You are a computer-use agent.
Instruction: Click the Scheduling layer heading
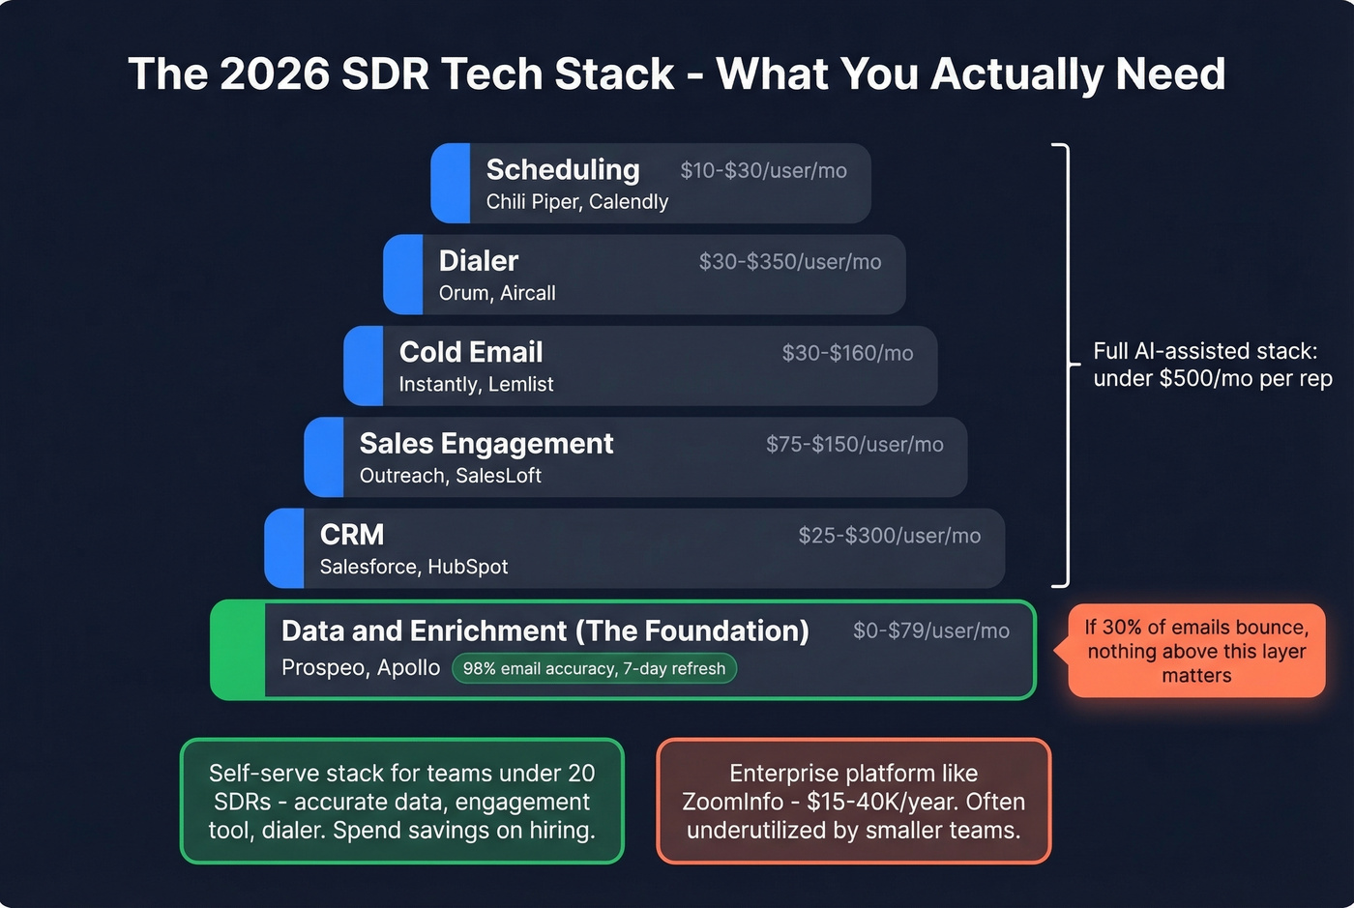(x=562, y=169)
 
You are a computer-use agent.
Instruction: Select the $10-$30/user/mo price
(x=763, y=171)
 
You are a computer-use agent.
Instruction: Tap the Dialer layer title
(x=478, y=261)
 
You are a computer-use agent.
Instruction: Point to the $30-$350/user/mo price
(x=789, y=262)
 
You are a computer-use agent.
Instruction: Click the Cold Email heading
(x=470, y=352)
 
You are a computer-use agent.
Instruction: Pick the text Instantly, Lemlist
(x=476, y=385)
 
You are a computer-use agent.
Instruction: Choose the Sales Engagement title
(x=486, y=444)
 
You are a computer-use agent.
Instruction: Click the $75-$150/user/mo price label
(x=854, y=445)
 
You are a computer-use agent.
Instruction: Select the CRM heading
(x=352, y=535)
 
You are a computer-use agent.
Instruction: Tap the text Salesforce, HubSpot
(x=413, y=568)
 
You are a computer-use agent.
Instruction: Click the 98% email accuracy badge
(x=594, y=669)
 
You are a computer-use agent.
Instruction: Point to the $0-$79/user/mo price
(x=930, y=631)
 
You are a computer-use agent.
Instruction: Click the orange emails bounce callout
(x=1196, y=651)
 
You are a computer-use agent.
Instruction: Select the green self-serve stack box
(x=401, y=802)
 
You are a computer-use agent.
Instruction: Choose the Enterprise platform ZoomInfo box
(x=853, y=802)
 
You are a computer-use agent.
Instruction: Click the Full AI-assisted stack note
(x=1212, y=365)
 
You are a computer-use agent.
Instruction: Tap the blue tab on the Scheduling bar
(x=451, y=184)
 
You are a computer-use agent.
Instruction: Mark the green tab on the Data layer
(x=238, y=650)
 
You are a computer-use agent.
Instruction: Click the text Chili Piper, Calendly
(x=576, y=202)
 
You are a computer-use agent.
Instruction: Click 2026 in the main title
(x=275, y=74)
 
